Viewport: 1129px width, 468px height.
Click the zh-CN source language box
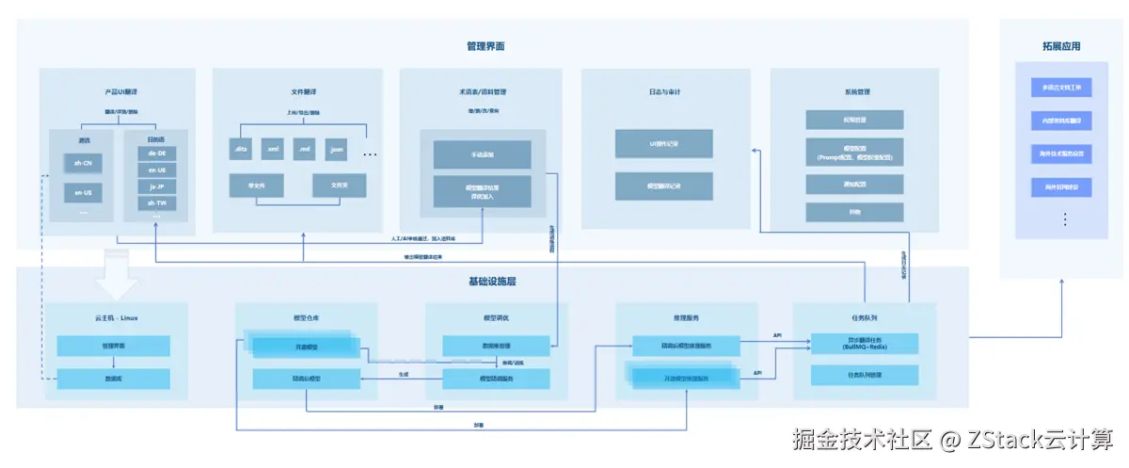(x=83, y=162)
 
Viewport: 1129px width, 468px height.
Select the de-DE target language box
(x=156, y=153)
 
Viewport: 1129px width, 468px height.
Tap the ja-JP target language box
(x=156, y=186)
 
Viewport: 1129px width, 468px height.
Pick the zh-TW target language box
(x=156, y=203)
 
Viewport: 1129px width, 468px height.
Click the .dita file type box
(x=240, y=150)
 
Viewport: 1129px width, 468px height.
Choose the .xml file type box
(x=272, y=150)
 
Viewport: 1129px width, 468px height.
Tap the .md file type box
(x=304, y=150)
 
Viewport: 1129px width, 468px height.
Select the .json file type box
(x=336, y=150)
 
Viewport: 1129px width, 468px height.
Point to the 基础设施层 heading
(x=492, y=282)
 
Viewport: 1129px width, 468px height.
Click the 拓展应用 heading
(x=1060, y=46)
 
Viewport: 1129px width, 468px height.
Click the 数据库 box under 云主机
(x=114, y=379)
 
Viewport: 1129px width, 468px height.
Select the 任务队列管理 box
(x=864, y=375)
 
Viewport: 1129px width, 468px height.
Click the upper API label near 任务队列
(x=777, y=335)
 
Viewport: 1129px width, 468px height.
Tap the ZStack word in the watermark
(x=984, y=440)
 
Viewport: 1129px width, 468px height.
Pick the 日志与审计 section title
(x=664, y=92)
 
